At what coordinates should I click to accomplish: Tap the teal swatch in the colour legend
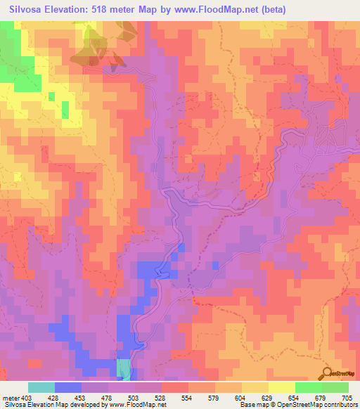tap(41, 387)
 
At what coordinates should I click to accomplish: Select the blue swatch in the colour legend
tap(67, 387)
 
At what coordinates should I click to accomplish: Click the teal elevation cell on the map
tap(123, 370)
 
